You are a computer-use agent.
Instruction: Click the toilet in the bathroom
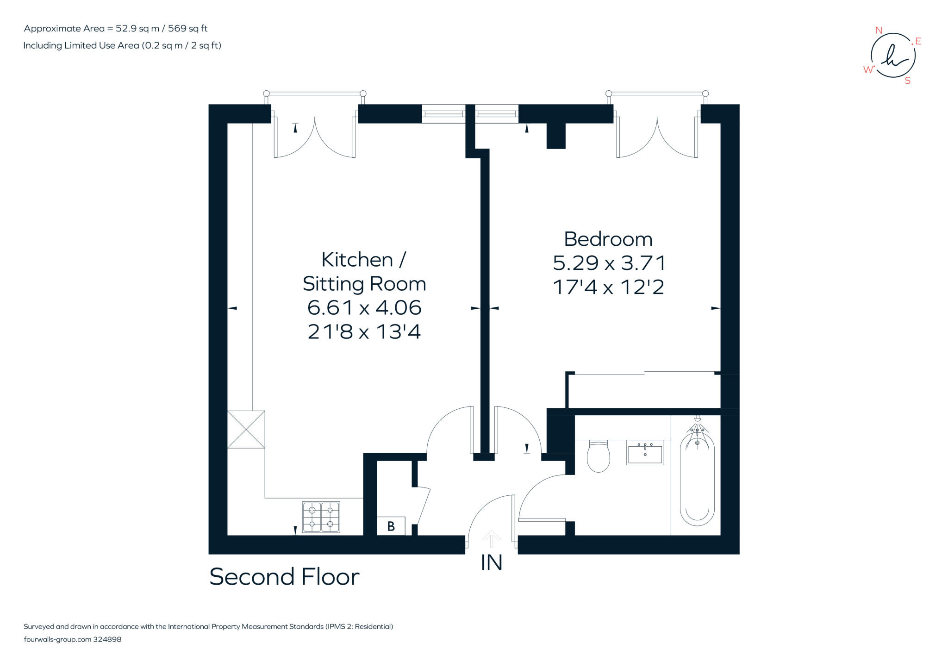[x=598, y=456]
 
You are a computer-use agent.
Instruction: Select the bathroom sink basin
[x=645, y=452]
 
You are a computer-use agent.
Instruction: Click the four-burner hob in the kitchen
[x=321, y=517]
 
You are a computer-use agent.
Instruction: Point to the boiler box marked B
[x=391, y=526]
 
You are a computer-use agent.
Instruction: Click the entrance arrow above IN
[x=491, y=539]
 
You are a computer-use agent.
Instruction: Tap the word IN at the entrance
[x=492, y=562]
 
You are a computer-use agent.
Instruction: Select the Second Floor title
[x=284, y=577]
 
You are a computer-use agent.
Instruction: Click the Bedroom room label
[x=608, y=239]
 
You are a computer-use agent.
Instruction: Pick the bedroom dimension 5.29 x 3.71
[x=609, y=263]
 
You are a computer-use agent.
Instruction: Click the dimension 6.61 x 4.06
[x=364, y=307]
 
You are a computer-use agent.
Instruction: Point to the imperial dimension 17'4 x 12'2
[x=609, y=287]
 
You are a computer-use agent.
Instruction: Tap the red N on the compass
[x=879, y=31]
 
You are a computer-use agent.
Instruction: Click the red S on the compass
[x=907, y=81]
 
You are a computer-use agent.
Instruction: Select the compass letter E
[x=918, y=41]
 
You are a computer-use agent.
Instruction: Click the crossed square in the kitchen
[x=246, y=430]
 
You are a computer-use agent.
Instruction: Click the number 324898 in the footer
[x=107, y=639]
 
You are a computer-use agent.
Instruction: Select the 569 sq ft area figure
[x=187, y=28]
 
